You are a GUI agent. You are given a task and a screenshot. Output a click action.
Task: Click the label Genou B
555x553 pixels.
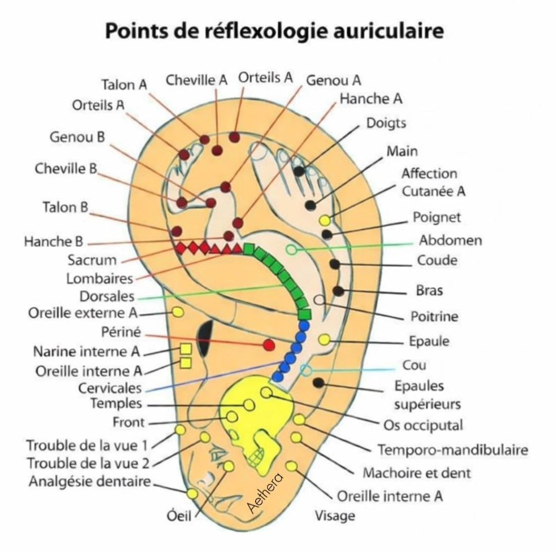click(77, 137)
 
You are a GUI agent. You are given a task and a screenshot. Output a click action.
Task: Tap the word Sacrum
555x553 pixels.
click(92, 260)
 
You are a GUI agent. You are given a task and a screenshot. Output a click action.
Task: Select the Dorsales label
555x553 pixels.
click(107, 297)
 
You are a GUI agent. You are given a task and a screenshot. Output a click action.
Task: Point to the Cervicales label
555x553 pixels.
click(110, 388)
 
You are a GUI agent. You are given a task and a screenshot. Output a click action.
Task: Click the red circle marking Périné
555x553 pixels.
click(268, 345)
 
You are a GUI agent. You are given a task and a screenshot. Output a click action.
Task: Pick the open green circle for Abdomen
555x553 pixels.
click(291, 250)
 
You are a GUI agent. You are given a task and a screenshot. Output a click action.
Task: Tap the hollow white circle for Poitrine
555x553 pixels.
click(319, 299)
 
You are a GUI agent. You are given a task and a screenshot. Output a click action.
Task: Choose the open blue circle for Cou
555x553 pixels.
click(306, 370)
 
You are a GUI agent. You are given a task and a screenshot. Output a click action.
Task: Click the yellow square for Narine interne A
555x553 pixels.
click(186, 349)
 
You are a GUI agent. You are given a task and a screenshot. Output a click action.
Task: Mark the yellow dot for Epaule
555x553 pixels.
click(324, 339)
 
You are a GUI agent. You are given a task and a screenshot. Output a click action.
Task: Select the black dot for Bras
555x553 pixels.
click(338, 291)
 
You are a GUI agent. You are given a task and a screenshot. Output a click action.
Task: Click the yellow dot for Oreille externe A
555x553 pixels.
click(177, 312)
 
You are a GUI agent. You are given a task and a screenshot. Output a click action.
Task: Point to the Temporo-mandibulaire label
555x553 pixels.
click(453, 450)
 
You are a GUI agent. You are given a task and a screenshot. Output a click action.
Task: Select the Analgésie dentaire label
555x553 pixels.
click(90, 482)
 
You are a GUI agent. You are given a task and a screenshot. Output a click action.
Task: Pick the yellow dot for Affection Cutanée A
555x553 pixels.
click(325, 220)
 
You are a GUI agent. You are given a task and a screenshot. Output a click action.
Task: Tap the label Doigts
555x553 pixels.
click(386, 124)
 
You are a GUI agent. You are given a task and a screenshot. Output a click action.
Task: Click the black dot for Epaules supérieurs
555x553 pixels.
click(318, 383)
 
